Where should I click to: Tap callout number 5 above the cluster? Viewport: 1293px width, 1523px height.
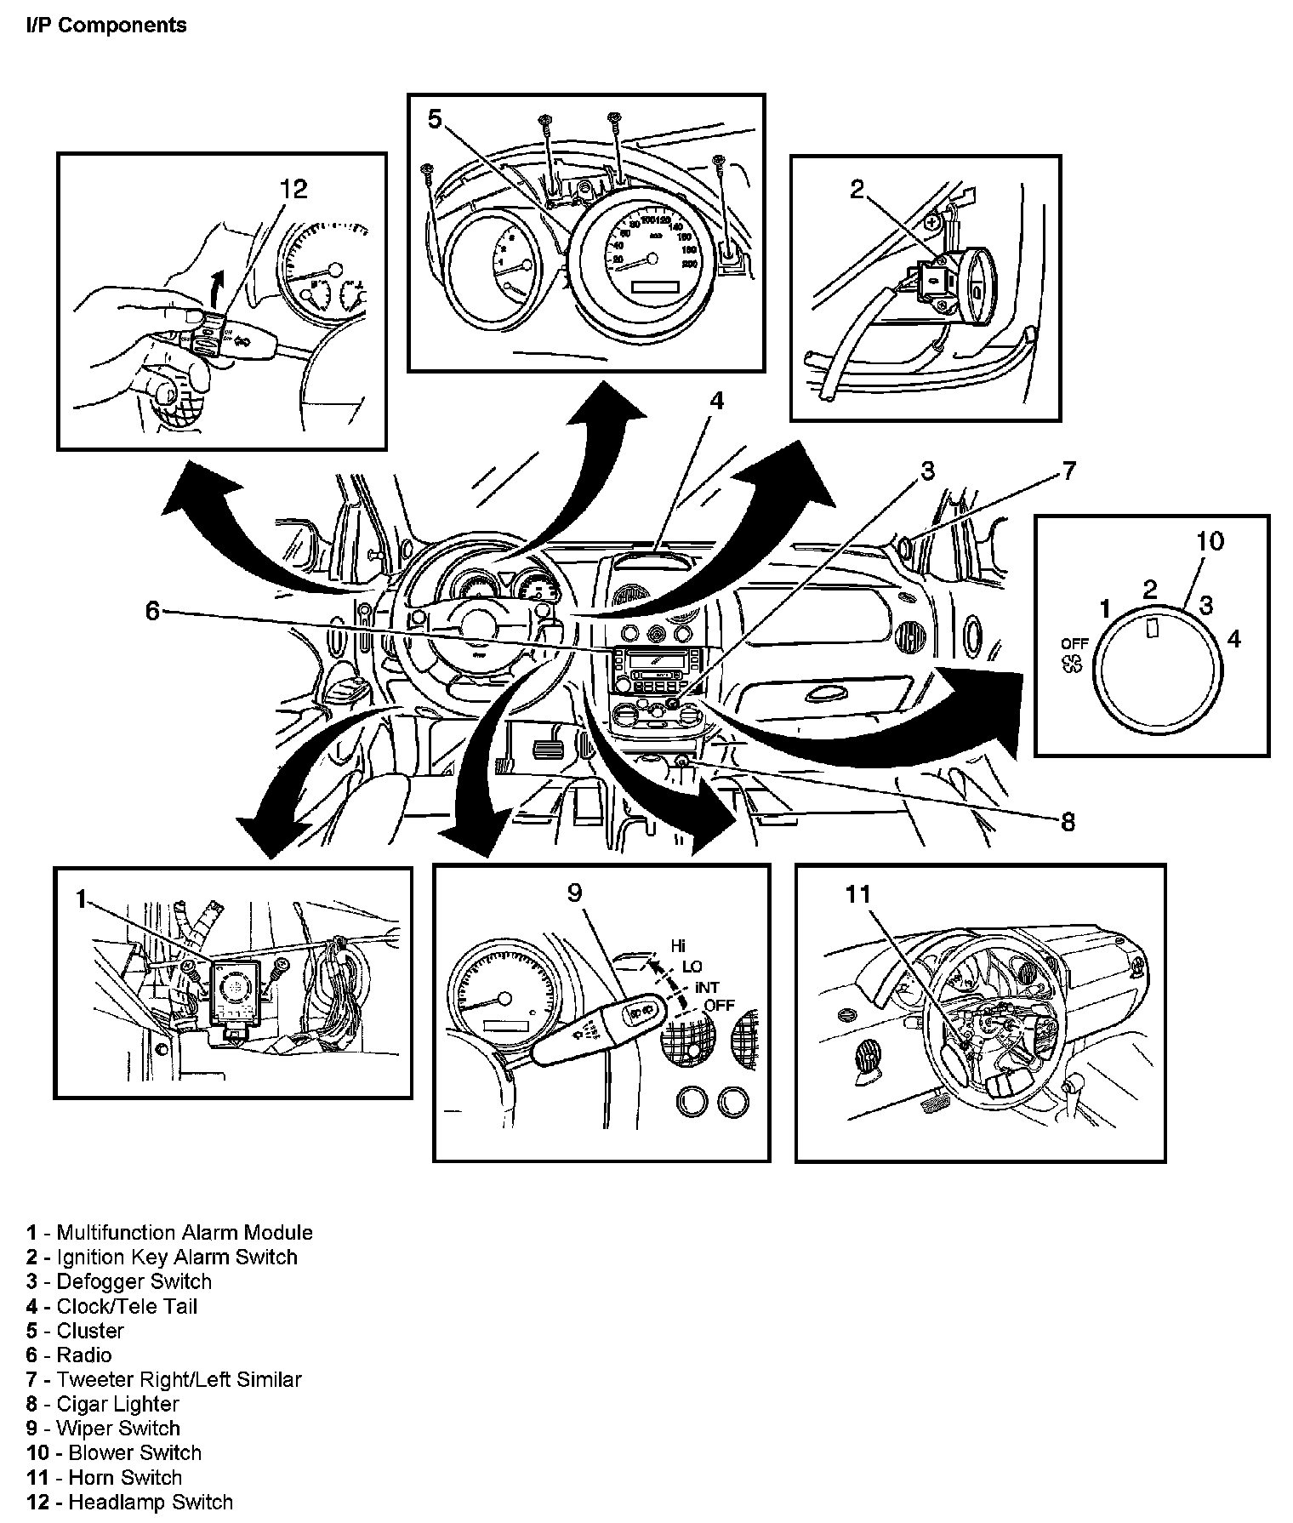click(435, 120)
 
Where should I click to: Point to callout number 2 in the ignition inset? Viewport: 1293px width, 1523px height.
click(857, 189)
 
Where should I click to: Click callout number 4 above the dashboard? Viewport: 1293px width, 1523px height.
click(717, 401)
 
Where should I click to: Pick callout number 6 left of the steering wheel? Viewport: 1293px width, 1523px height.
click(152, 610)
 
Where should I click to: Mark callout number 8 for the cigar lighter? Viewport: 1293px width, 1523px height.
click(1068, 822)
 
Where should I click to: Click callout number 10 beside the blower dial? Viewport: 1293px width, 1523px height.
click(1210, 541)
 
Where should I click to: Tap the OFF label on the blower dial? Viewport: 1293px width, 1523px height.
click(1074, 644)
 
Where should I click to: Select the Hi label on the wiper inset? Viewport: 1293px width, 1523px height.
click(678, 945)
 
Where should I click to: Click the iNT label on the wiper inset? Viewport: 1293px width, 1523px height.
click(706, 987)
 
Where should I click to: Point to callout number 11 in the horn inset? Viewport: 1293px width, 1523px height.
click(858, 893)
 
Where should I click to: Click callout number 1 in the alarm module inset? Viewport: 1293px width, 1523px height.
click(81, 898)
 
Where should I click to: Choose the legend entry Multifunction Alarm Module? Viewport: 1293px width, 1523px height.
click(184, 1232)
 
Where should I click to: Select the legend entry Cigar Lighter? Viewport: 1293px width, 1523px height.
click(117, 1404)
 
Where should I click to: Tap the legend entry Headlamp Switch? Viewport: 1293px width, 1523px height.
click(150, 1502)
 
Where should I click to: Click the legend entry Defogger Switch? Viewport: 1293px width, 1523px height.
click(134, 1281)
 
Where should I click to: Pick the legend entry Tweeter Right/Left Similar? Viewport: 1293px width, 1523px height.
click(179, 1379)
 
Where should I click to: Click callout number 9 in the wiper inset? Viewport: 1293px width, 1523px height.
click(575, 893)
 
